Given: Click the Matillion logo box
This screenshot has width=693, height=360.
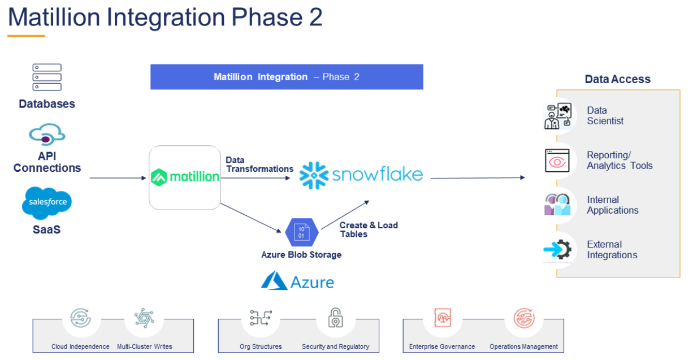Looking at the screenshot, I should [x=185, y=177].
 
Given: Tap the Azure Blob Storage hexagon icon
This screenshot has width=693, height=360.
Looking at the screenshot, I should [x=302, y=232].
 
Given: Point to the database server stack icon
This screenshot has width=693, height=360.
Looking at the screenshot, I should [x=47, y=77].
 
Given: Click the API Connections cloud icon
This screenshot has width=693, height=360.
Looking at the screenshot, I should [x=47, y=136].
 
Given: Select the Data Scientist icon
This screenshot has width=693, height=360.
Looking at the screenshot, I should [x=558, y=116].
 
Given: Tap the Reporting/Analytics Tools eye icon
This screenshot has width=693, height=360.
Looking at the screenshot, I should [x=557, y=161].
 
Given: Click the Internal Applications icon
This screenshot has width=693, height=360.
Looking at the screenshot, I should [x=557, y=205].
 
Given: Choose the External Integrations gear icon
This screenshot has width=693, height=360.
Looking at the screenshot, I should [x=557, y=249].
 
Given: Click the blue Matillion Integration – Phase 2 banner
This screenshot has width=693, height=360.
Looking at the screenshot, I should [x=287, y=77].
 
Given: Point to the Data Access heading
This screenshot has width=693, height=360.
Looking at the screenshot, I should [x=617, y=79].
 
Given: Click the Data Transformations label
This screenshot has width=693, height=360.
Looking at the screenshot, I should [x=259, y=164].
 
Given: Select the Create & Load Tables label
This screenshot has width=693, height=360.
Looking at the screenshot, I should [x=369, y=229].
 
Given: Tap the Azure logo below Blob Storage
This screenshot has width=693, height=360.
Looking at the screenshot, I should [x=297, y=281].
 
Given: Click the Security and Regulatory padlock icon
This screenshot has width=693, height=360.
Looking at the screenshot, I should [x=335, y=319].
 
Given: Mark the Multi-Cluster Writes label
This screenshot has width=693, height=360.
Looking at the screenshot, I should [x=145, y=346].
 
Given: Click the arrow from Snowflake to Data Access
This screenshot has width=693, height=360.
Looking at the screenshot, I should [x=478, y=178].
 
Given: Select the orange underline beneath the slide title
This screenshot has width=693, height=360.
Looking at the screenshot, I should [x=26, y=36].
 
